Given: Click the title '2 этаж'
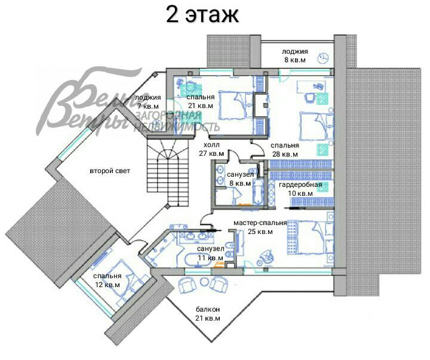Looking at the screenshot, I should click(x=202, y=15).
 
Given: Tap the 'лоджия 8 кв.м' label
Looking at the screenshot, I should click(x=295, y=56).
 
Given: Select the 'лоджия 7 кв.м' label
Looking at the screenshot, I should click(x=148, y=101).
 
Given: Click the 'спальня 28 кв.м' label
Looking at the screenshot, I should click(x=284, y=149).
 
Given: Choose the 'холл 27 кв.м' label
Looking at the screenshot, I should click(x=211, y=149).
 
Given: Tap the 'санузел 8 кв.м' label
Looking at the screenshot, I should click(x=239, y=179).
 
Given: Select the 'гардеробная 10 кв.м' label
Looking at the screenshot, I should click(x=300, y=189).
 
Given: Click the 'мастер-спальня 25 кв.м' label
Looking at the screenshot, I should click(x=260, y=227).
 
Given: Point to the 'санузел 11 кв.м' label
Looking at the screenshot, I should click(x=210, y=252).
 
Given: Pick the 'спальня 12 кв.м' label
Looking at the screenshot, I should click(x=107, y=280).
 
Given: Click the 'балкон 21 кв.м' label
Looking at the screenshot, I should click(x=208, y=313).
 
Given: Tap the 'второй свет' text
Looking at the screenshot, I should click(x=110, y=171).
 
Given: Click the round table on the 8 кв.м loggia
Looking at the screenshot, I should click(x=323, y=58).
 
